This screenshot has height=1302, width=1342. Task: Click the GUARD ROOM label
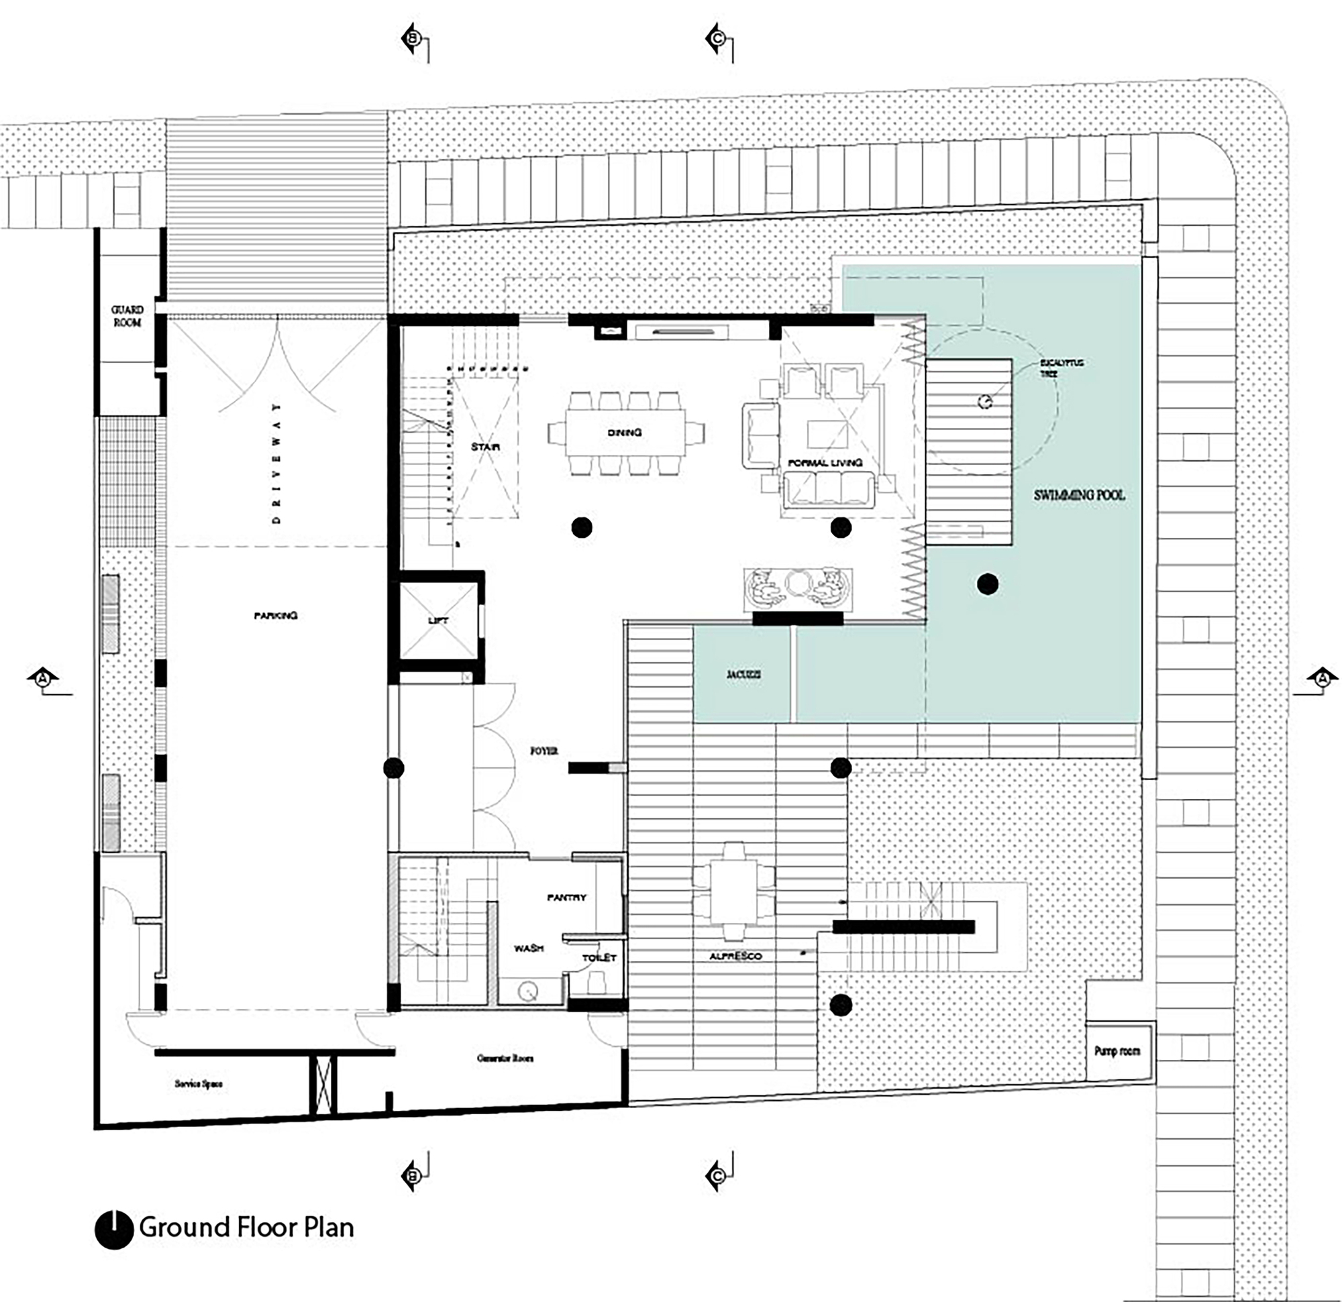(127, 316)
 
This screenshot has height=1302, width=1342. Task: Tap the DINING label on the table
(625, 433)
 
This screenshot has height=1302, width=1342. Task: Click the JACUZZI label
(743, 674)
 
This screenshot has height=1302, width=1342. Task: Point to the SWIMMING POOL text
(1079, 495)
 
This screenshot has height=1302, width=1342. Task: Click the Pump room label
(1117, 1050)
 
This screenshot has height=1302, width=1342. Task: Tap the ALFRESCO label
(735, 957)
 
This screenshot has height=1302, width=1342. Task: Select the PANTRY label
(567, 898)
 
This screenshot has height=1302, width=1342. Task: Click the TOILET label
(599, 958)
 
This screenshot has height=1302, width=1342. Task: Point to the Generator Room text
(505, 1059)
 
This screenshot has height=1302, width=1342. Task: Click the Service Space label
(199, 1083)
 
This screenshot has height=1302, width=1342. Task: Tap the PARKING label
(276, 615)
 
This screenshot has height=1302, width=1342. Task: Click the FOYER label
(544, 751)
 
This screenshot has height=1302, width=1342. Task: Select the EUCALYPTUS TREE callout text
(1062, 368)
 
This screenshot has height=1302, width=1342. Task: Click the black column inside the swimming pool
(987, 584)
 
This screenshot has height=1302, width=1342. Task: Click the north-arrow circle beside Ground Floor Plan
(113, 1230)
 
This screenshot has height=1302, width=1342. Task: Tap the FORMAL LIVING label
(825, 464)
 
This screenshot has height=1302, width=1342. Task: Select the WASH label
(529, 948)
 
